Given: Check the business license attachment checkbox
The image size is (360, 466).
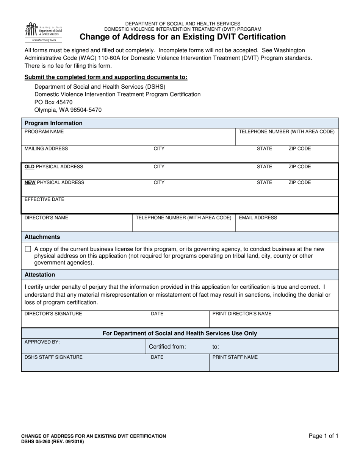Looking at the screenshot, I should point(28,249).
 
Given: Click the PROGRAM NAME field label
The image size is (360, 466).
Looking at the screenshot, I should point(44,132).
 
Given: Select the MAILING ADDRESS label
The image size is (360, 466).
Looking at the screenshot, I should point(46,149).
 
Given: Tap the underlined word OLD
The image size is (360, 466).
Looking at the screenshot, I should point(30,167).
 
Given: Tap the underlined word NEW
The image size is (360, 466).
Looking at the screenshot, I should point(30,183).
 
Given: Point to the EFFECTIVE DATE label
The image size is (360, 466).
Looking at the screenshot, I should point(44,199).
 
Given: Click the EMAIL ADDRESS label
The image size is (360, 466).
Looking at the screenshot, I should point(258,218).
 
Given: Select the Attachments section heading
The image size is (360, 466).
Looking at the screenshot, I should point(42,237).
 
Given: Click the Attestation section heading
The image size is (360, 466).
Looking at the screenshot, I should point(40,275).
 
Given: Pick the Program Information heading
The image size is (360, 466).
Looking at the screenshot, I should point(53,123).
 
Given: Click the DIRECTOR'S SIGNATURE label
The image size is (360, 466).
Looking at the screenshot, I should point(53,314).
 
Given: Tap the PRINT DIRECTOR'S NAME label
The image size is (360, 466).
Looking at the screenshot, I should point(242,314).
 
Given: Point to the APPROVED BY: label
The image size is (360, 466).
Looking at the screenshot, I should point(42,342).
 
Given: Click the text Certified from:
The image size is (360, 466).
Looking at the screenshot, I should point(167,347).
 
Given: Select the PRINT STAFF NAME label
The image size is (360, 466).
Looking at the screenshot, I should point(235,357).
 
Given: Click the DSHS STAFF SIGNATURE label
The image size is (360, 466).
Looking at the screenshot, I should point(53,357).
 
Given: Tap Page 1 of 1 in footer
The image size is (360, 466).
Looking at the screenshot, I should point(323,436).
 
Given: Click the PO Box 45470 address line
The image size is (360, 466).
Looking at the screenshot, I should point(53,102).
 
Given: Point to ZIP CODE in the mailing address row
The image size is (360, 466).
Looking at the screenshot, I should point(299,149).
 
